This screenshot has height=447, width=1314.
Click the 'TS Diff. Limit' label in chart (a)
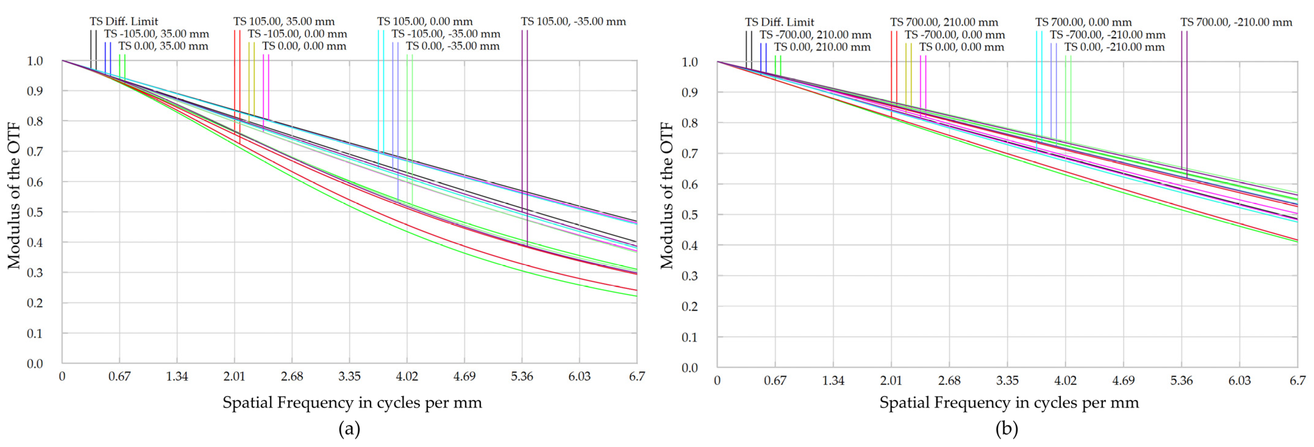coord(124,21)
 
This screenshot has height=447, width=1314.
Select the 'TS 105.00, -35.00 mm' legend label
coord(573,21)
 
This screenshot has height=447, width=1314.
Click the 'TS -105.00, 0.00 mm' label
coord(297,34)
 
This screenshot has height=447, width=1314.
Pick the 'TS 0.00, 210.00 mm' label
coord(822,47)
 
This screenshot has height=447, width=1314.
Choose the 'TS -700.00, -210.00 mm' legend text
coord(1107,35)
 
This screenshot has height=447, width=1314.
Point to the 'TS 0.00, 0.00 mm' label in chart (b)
coord(961,47)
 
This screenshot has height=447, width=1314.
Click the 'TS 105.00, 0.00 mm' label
coord(425,21)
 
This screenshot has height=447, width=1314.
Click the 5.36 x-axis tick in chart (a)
coord(522,377)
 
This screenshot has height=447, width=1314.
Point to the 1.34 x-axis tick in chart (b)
coord(833,380)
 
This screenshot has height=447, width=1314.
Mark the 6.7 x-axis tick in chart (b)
coord(1297,380)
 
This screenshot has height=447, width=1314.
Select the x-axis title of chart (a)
coord(352,403)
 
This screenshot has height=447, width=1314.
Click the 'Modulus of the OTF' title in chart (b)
coord(666,195)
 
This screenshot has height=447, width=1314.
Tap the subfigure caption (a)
coord(350,429)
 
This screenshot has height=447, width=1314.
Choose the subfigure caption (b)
coord(1007,429)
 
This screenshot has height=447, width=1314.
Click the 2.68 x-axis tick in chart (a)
coord(292,377)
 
